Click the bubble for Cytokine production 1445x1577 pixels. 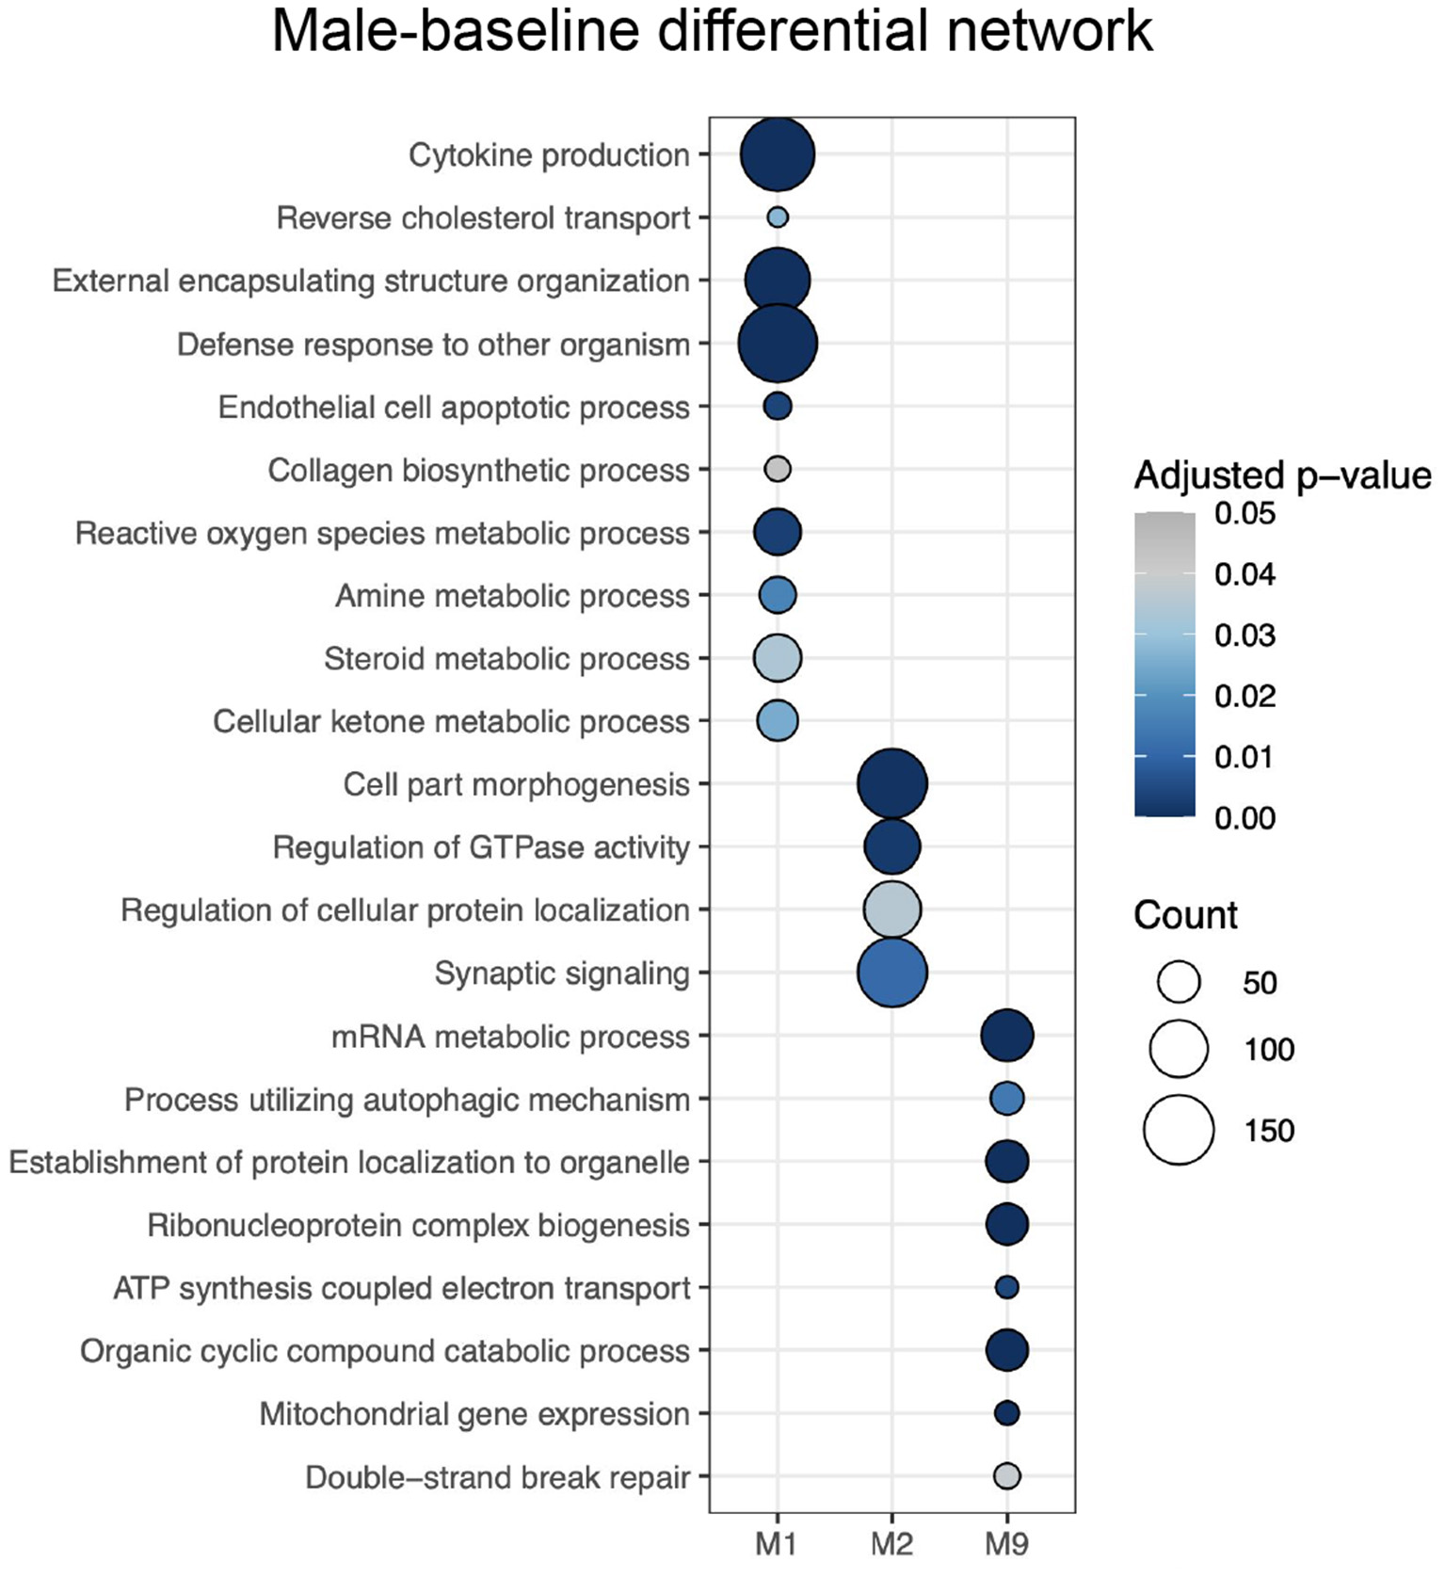click(x=777, y=154)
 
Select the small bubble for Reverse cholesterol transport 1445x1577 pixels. click(x=777, y=217)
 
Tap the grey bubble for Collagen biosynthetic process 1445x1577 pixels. click(x=777, y=469)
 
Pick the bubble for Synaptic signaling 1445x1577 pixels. click(x=891, y=973)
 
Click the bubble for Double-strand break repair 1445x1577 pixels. click(x=1006, y=1476)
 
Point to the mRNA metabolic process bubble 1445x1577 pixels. click(x=1006, y=1036)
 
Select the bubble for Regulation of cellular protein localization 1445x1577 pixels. click(x=891, y=909)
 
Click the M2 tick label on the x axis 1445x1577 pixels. click(x=891, y=1544)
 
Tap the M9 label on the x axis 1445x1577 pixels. click(x=1006, y=1544)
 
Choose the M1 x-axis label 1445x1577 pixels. click(x=777, y=1544)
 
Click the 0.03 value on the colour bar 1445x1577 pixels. click(x=1244, y=636)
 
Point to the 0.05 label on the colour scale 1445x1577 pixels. click(x=1244, y=514)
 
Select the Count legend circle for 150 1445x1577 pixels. click(x=1179, y=1130)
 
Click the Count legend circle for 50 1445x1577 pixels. click(x=1179, y=982)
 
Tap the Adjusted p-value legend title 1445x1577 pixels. click(x=1282, y=475)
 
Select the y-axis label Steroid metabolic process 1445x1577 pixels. click(x=506, y=659)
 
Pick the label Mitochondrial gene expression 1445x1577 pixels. click(x=474, y=1414)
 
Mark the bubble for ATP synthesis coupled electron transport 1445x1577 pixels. click(x=1006, y=1287)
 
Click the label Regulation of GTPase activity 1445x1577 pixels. click(x=481, y=847)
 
